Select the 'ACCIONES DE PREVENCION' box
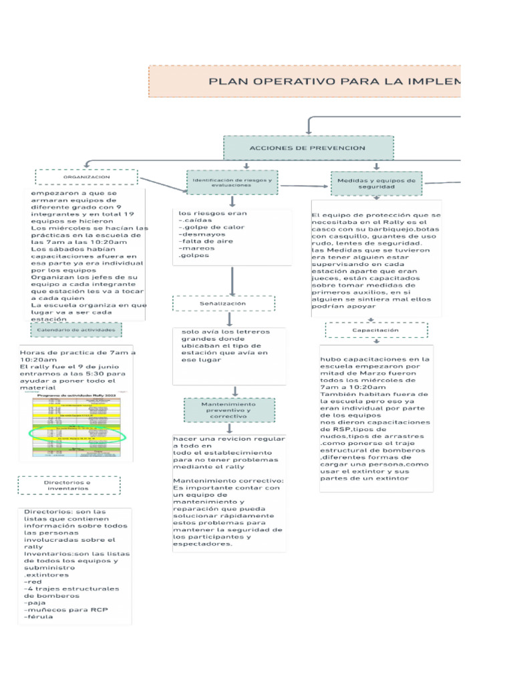(307, 148)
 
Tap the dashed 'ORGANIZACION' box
(87, 177)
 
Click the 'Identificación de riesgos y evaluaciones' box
(232, 183)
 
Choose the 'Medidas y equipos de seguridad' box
(376, 184)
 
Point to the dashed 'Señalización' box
(223, 303)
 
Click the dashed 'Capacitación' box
(376, 330)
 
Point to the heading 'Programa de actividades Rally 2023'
(77, 395)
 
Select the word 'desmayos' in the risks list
(199, 234)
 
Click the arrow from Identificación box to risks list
(232, 202)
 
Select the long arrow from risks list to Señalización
(232, 281)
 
